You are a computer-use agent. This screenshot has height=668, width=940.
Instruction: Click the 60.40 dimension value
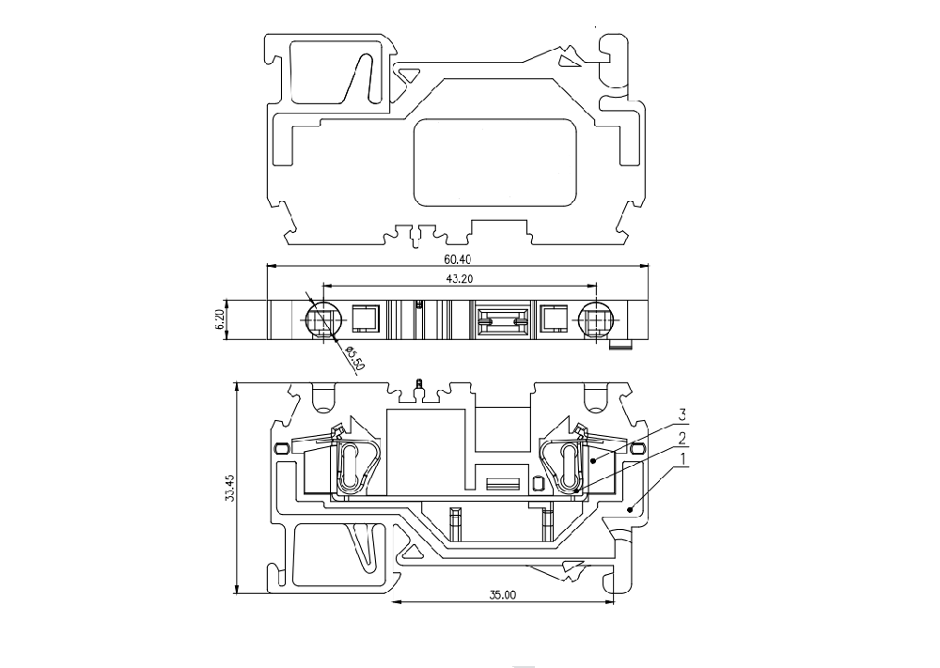458,259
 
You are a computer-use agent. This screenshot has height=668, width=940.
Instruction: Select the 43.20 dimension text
460,278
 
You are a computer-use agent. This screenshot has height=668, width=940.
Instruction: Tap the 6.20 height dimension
220,319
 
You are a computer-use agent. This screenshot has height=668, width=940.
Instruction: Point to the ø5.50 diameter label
353,358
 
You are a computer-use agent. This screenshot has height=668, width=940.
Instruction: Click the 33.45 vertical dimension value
229,488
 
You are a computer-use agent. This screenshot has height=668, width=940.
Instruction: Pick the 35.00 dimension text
502,595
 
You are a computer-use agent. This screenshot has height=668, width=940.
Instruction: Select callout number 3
681,414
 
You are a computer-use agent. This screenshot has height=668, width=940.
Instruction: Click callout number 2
681,437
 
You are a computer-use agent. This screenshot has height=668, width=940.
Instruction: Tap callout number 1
681,458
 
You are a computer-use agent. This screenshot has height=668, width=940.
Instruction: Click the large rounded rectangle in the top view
495,163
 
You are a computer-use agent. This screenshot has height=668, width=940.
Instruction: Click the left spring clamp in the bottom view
355,464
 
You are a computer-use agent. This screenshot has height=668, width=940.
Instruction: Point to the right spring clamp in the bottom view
565,464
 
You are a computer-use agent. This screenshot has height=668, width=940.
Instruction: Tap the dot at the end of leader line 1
630,509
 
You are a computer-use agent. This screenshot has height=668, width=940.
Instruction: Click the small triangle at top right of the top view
567,60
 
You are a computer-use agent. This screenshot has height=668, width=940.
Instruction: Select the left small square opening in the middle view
365,318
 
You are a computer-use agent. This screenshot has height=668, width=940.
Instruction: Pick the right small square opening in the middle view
553,318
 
